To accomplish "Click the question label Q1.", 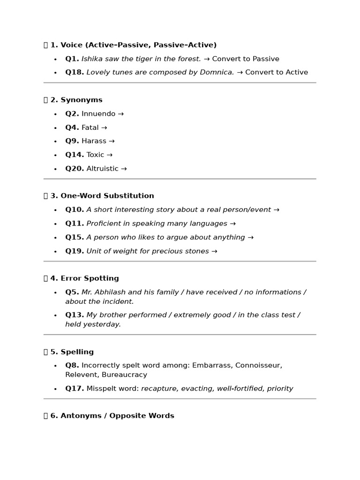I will tap(72, 59).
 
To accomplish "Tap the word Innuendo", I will tap(98, 114).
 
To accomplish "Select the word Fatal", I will tap(90, 127).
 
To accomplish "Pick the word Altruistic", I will tap(102, 169).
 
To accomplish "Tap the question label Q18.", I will tap(75, 73).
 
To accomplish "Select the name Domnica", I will tap(218, 73).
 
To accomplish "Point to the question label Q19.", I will tap(75, 251).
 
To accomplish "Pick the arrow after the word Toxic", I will tap(110, 155).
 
